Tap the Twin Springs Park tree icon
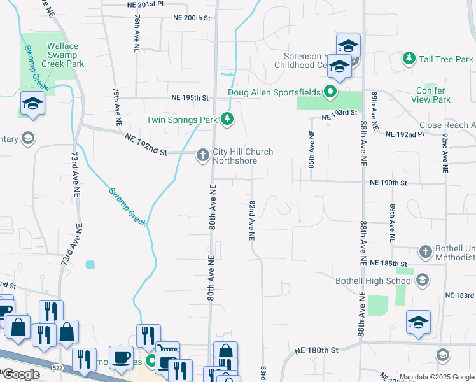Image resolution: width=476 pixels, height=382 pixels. [227, 119]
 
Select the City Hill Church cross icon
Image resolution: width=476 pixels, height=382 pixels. [203, 155]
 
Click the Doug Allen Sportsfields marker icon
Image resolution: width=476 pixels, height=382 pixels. [330, 93]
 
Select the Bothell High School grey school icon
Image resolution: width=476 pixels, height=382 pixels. [421, 279]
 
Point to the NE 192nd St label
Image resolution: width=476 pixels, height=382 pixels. [146, 145]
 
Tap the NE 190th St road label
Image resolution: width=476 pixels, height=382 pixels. [388, 182]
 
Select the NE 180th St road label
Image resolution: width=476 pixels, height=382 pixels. [315, 350]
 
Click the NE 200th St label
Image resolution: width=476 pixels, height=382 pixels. [191, 18]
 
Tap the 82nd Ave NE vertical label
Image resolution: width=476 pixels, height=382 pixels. [252, 220]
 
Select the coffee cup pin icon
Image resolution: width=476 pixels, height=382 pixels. [121, 357]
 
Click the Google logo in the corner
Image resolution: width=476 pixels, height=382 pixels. [21, 374]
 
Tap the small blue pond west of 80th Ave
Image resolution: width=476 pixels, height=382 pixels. [90, 264]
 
